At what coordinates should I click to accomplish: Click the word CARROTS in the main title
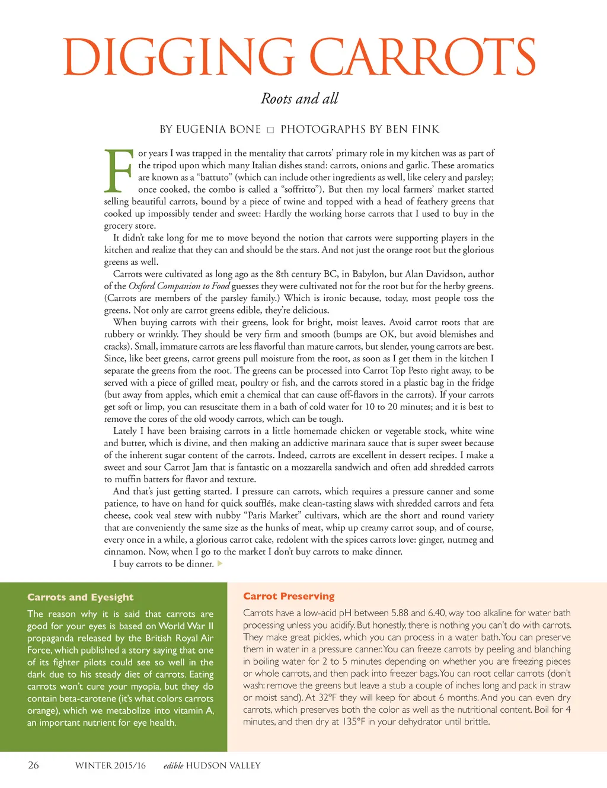pyautogui.click(x=422, y=56)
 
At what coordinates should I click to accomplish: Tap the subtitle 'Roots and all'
pyautogui.click(x=299, y=98)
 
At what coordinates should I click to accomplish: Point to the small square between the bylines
pyautogui.click(x=270, y=130)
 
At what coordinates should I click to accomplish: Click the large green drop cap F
pyautogui.click(x=119, y=171)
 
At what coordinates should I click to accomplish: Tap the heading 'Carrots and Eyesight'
pyautogui.click(x=80, y=597)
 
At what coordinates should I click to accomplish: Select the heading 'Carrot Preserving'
pyautogui.click(x=289, y=596)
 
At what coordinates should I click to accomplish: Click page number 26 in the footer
pyautogui.click(x=33, y=765)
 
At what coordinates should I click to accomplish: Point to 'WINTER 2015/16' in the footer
pyautogui.click(x=110, y=765)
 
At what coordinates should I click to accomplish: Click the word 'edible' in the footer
pyautogui.click(x=173, y=765)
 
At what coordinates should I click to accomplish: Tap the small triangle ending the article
pyautogui.click(x=220, y=563)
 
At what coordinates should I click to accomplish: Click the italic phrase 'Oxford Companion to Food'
pyautogui.click(x=179, y=286)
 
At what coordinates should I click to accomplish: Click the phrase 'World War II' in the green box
pyautogui.click(x=186, y=626)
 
